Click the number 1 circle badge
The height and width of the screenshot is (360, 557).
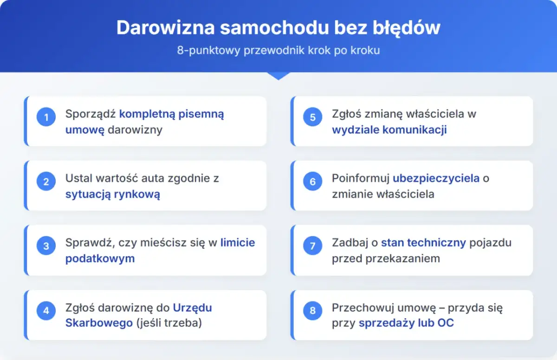pyautogui.click(x=46, y=117)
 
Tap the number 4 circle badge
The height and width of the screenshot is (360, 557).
pyautogui.click(x=46, y=311)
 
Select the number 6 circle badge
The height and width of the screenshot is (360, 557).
pyautogui.click(x=312, y=182)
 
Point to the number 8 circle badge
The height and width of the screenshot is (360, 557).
pyautogui.click(x=312, y=311)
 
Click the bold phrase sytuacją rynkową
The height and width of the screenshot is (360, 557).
pyautogui.click(x=112, y=194)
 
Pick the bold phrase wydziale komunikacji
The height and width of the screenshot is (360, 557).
pyautogui.click(x=389, y=130)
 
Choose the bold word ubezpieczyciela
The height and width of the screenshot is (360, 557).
pyautogui.click(x=436, y=178)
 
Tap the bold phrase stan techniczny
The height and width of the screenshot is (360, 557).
pyautogui.click(x=423, y=243)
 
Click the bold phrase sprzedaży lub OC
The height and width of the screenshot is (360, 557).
pyautogui.click(x=406, y=323)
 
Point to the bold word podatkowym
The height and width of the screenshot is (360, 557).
pyautogui.click(x=100, y=259)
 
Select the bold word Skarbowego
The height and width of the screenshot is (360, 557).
pyautogui.click(x=99, y=323)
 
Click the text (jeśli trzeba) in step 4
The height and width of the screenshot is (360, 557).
pyautogui.click(x=169, y=323)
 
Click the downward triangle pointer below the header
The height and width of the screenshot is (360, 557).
pyautogui.click(x=278, y=76)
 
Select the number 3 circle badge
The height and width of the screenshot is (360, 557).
pyautogui.click(x=46, y=246)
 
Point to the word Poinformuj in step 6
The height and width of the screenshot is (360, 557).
pyautogui.click(x=360, y=178)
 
